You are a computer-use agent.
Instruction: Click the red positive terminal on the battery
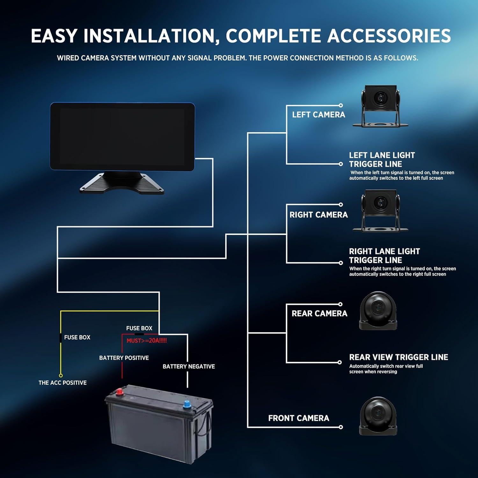pos(120,392)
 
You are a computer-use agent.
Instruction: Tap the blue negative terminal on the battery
pos(186,405)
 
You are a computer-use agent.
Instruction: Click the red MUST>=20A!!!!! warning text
pos(147,341)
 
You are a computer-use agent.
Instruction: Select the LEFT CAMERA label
pos(318,115)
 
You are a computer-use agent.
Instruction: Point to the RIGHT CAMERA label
pos(318,215)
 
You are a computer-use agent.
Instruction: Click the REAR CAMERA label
pos(319,314)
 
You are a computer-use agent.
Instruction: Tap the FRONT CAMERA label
pos(299,418)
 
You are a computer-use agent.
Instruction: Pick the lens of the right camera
pos(380,202)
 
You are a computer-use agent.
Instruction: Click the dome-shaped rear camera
pos(378,310)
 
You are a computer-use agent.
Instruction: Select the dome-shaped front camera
pos(378,416)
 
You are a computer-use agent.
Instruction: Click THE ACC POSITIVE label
pos(62,383)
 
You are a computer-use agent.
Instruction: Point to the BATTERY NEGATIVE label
pos(189,366)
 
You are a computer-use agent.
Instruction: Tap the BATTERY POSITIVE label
pos(124,358)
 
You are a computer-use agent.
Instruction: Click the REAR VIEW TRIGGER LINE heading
pos(398,357)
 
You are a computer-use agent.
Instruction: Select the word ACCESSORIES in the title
pos(389,36)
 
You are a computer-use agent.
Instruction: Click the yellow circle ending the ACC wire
pos(61,375)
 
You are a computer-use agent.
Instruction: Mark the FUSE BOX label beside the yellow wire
pos(77,337)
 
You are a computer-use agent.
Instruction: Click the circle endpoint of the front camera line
pos(341,427)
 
